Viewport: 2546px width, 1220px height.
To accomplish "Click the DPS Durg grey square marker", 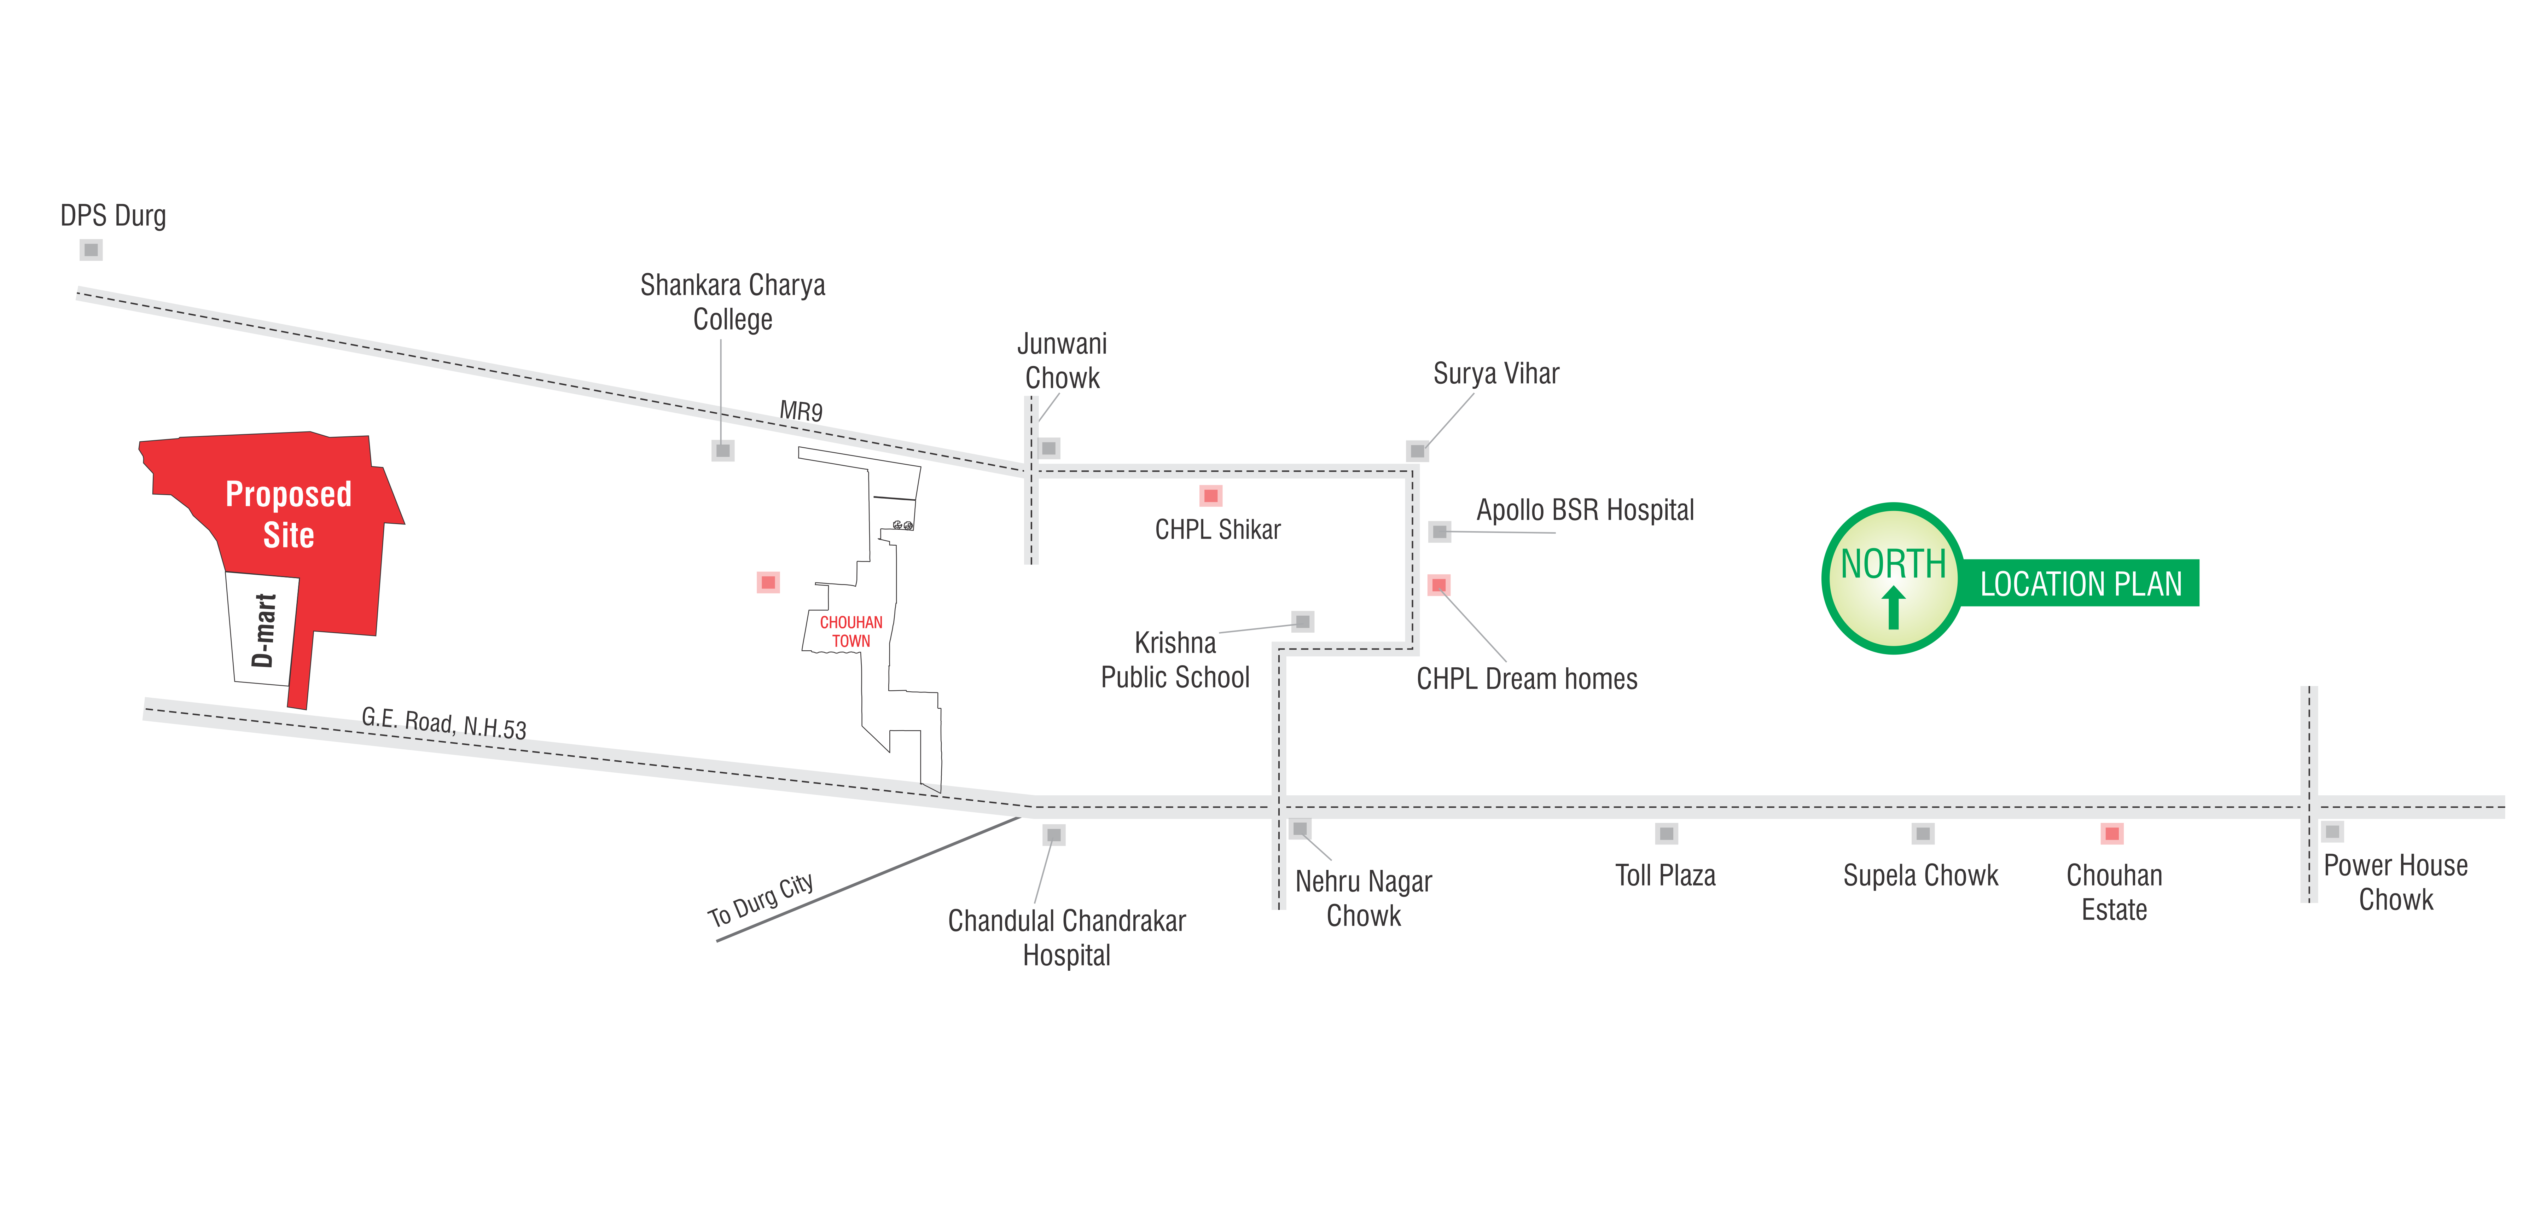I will coord(91,250).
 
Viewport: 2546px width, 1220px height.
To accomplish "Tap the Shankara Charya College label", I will coord(732,302).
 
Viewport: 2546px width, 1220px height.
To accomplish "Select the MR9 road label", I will coord(801,410).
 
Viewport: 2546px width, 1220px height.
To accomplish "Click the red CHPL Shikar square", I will coord(1211,495).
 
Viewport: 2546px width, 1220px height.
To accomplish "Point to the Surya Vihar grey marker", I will coord(1417,451).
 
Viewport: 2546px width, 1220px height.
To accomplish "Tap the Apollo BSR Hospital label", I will coord(1584,510).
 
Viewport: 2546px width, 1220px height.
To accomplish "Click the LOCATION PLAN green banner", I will coord(2081,583).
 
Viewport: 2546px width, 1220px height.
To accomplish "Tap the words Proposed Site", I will coord(289,514).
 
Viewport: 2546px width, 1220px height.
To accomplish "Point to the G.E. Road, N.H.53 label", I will coord(444,723).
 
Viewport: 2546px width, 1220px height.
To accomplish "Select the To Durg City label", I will coord(760,900).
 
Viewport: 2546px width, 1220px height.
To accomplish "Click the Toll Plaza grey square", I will coord(1666,833).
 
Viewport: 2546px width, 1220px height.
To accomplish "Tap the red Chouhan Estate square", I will coord(2112,833).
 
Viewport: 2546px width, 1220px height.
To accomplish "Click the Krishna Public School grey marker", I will coord(1303,621).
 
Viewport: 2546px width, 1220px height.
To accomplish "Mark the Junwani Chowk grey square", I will coord(1050,448).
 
